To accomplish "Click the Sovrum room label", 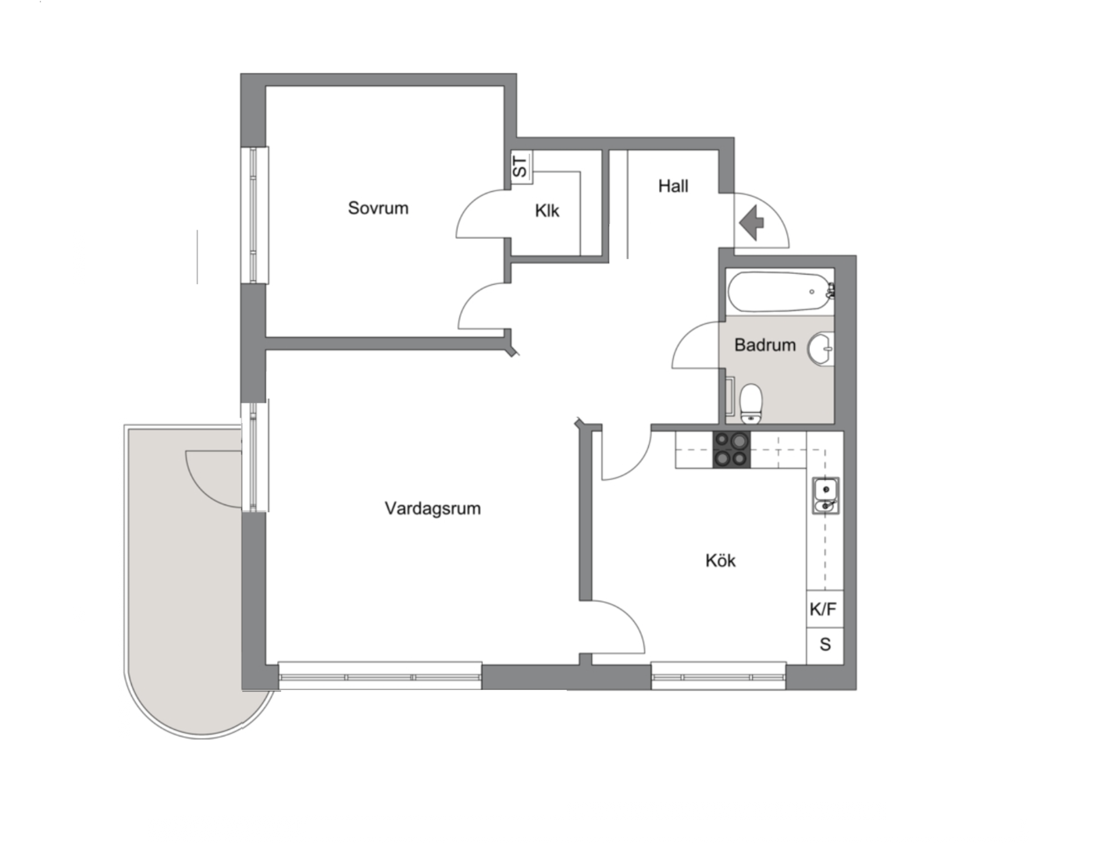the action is pos(378,208).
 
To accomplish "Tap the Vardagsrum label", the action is pos(433,508).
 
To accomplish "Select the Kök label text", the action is pos(721,560).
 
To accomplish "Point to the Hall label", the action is pos(673,187).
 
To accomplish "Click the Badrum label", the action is pos(764,345).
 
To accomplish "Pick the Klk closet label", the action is pos(547,211).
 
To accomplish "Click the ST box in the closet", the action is pos(521,166).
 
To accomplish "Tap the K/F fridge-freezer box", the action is pos(825,609).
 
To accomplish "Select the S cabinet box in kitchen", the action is pos(825,646).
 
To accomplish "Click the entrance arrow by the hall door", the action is pos(752,222).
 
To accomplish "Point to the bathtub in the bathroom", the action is pos(780,292).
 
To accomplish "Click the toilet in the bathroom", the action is pos(750,404).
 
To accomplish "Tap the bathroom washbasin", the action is pos(821,348).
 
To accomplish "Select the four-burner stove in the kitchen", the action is pos(732,450).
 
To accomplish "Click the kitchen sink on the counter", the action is pos(825,496).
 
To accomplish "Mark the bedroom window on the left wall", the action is pos(255,215).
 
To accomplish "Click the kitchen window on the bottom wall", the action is pos(718,676).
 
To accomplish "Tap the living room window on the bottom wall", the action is pos(380,676).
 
